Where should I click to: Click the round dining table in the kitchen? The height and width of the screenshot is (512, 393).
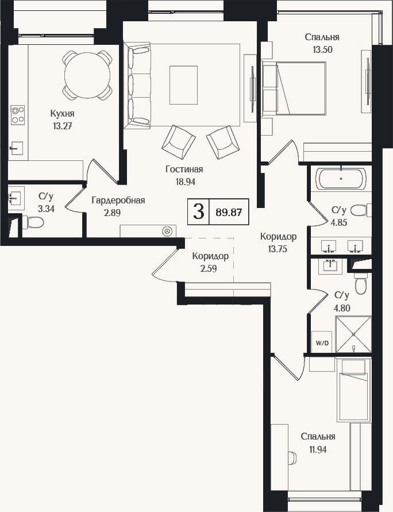(x=87, y=75)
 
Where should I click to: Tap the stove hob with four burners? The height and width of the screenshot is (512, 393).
(x=18, y=114)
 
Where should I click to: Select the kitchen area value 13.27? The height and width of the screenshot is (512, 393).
(x=63, y=126)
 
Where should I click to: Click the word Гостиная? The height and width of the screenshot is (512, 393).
(x=184, y=169)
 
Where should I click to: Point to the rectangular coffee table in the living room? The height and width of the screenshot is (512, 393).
(x=183, y=85)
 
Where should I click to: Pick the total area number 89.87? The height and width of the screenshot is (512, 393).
(x=229, y=212)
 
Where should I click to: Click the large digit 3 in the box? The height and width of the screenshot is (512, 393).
(x=198, y=211)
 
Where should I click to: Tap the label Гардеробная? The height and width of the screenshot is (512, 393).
(x=118, y=201)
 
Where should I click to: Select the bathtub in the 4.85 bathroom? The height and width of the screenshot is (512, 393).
(x=341, y=178)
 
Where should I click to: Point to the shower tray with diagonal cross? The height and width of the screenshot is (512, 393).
(x=353, y=334)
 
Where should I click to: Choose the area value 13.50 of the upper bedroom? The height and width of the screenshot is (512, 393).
(x=322, y=50)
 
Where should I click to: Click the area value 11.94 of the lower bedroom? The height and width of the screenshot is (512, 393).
(x=318, y=449)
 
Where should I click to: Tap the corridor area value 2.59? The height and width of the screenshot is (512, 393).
(x=209, y=269)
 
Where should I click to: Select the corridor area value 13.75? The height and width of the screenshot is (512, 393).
(x=278, y=249)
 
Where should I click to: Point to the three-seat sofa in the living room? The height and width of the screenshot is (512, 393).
(x=137, y=86)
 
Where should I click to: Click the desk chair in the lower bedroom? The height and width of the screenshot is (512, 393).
(x=292, y=457)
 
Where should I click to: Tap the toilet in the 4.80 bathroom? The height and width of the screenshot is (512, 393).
(x=361, y=284)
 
